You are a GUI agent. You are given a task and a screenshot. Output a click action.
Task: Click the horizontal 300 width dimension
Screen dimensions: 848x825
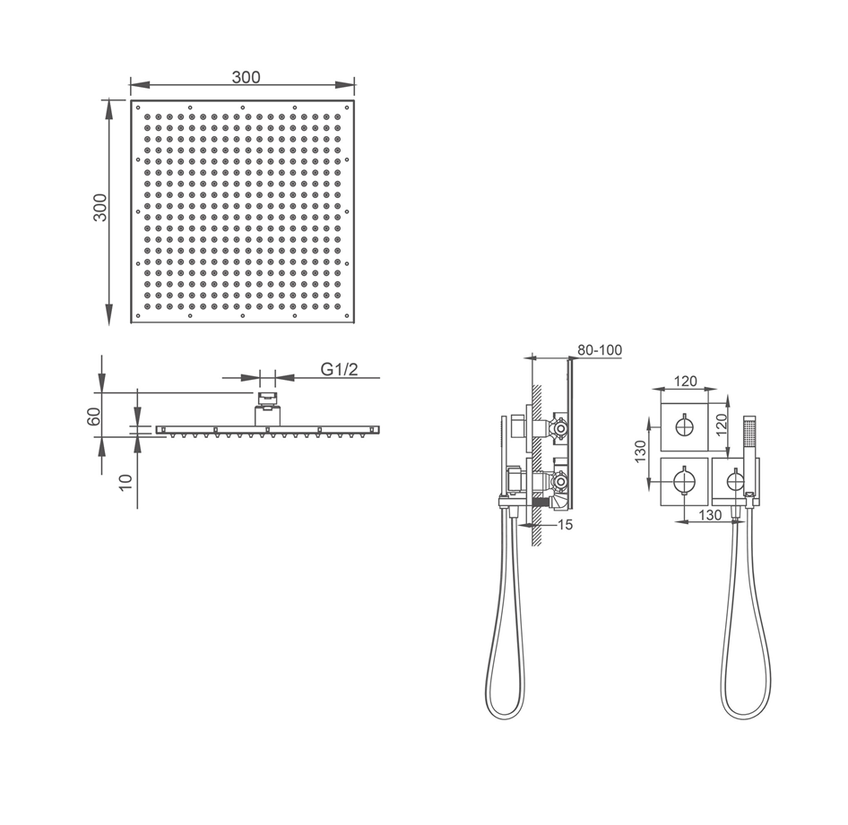click(x=247, y=77)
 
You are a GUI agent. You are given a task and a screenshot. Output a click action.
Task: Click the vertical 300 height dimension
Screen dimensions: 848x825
click(x=100, y=208)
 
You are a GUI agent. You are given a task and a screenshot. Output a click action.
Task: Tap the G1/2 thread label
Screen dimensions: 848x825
click(x=339, y=369)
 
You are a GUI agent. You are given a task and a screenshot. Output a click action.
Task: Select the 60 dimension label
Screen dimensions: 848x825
click(x=93, y=417)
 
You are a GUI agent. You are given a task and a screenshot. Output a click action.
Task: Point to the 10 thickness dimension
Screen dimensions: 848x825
click(x=125, y=481)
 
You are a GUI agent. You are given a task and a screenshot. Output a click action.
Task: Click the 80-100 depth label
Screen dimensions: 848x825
click(x=600, y=350)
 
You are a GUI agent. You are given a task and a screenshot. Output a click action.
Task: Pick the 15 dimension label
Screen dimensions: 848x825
click(x=564, y=525)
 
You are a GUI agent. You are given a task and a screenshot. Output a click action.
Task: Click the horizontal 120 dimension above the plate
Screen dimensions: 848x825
click(x=685, y=382)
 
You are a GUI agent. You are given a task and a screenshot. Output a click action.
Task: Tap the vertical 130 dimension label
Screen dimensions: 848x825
click(x=641, y=451)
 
